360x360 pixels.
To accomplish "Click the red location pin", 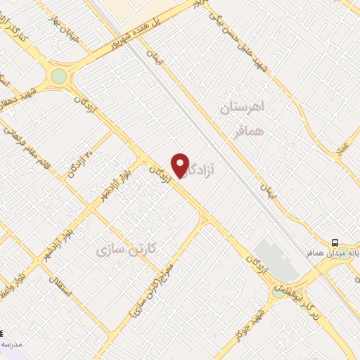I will tap(181, 165).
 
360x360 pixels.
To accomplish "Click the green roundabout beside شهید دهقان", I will tap(58, 75).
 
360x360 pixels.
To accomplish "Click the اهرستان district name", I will tap(241, 108).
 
